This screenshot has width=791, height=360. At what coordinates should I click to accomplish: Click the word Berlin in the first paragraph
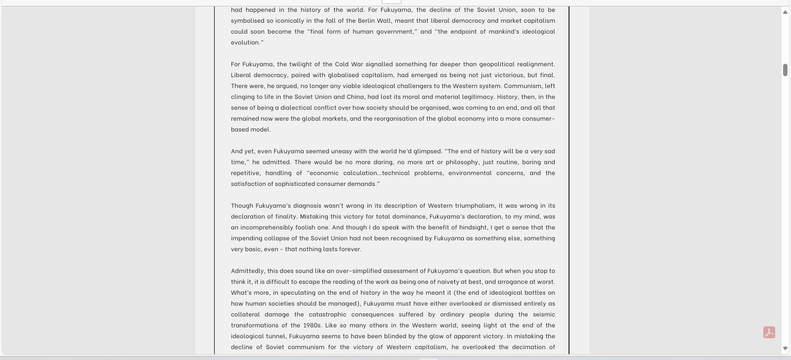366,21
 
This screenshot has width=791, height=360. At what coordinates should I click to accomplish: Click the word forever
350,249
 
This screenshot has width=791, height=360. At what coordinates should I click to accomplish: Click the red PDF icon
769,332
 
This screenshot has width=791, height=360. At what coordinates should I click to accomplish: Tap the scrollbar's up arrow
785,12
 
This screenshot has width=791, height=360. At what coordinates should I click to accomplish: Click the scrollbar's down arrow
785,349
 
